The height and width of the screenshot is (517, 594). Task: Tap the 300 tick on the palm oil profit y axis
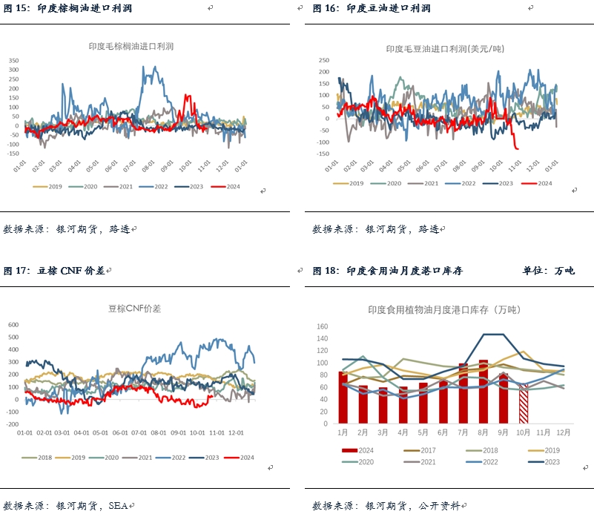pos(13,70)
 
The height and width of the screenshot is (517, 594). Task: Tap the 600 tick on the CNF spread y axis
pos(13,324)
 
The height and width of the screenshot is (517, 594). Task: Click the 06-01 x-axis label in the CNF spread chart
pos(121,432)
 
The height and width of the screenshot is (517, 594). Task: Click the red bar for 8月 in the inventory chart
pos(484,392)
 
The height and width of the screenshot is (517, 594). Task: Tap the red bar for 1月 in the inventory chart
pos(343,398)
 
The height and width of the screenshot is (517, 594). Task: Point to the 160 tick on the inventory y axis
pos(322,326)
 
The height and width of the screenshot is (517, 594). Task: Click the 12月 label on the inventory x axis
pos(564,432)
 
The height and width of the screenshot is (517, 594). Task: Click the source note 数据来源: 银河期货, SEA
pos(67,506)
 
